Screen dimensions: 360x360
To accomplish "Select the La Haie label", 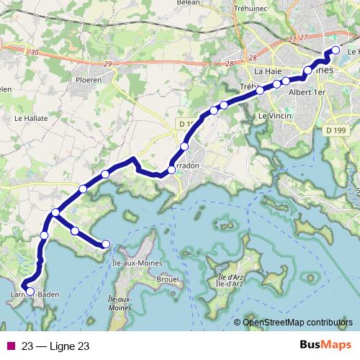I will point(269,71).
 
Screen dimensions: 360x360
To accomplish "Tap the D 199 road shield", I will point(335,130).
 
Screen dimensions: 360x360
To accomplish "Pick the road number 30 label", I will point(35,52).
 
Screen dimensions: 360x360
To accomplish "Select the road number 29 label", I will point(107,65).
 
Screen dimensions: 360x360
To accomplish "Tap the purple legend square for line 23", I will point(10,346).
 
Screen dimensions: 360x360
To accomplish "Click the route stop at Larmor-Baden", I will point(30,292).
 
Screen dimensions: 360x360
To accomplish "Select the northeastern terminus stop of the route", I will point(335,50).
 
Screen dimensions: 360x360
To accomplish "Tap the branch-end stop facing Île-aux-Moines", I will point(106,243).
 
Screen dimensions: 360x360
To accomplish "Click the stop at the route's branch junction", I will point(55,212).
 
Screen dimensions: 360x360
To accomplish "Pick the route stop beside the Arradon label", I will point(171,170).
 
